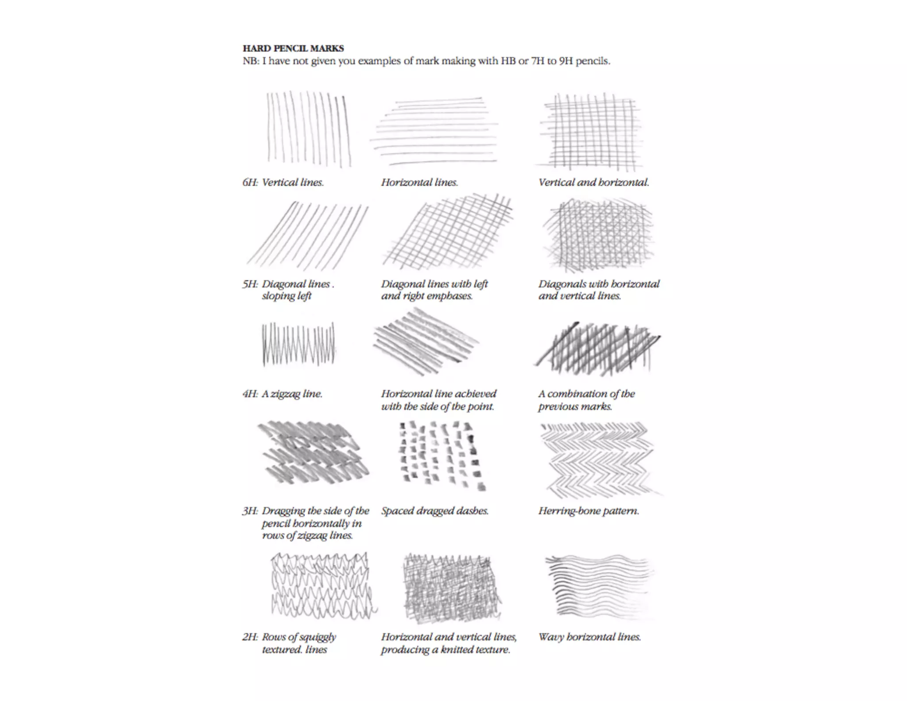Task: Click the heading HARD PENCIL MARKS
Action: coord(293,48)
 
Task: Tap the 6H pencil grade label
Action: coord(250,183)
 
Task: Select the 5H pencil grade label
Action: coord(250,284)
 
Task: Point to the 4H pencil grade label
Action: coord(250,394)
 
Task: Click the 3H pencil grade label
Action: coord(250,511)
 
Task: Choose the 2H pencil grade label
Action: coord(250,637)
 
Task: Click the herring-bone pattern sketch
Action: coord(598,459)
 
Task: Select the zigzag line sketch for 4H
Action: coord(298,345)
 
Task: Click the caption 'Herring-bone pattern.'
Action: coord(589,511)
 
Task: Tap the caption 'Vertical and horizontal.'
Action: coord(593,183)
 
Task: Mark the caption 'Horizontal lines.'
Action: coord(419,183)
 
